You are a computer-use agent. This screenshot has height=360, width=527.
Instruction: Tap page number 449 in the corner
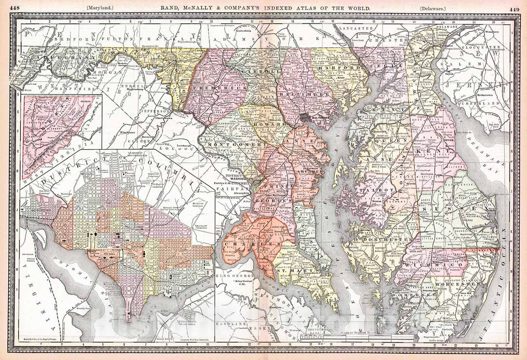(514, 8)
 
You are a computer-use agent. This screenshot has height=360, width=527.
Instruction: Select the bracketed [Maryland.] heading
(100, 8)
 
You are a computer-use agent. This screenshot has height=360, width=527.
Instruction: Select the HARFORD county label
(336, 68)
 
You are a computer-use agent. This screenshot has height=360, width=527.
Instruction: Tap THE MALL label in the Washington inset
(109, 255)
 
